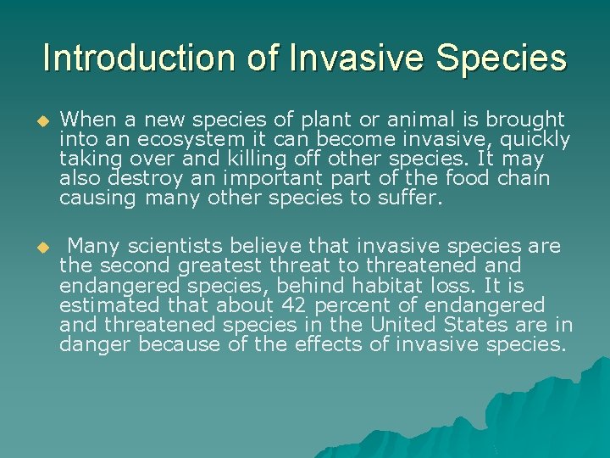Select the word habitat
pos(413,286)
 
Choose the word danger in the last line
pos(96,344)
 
